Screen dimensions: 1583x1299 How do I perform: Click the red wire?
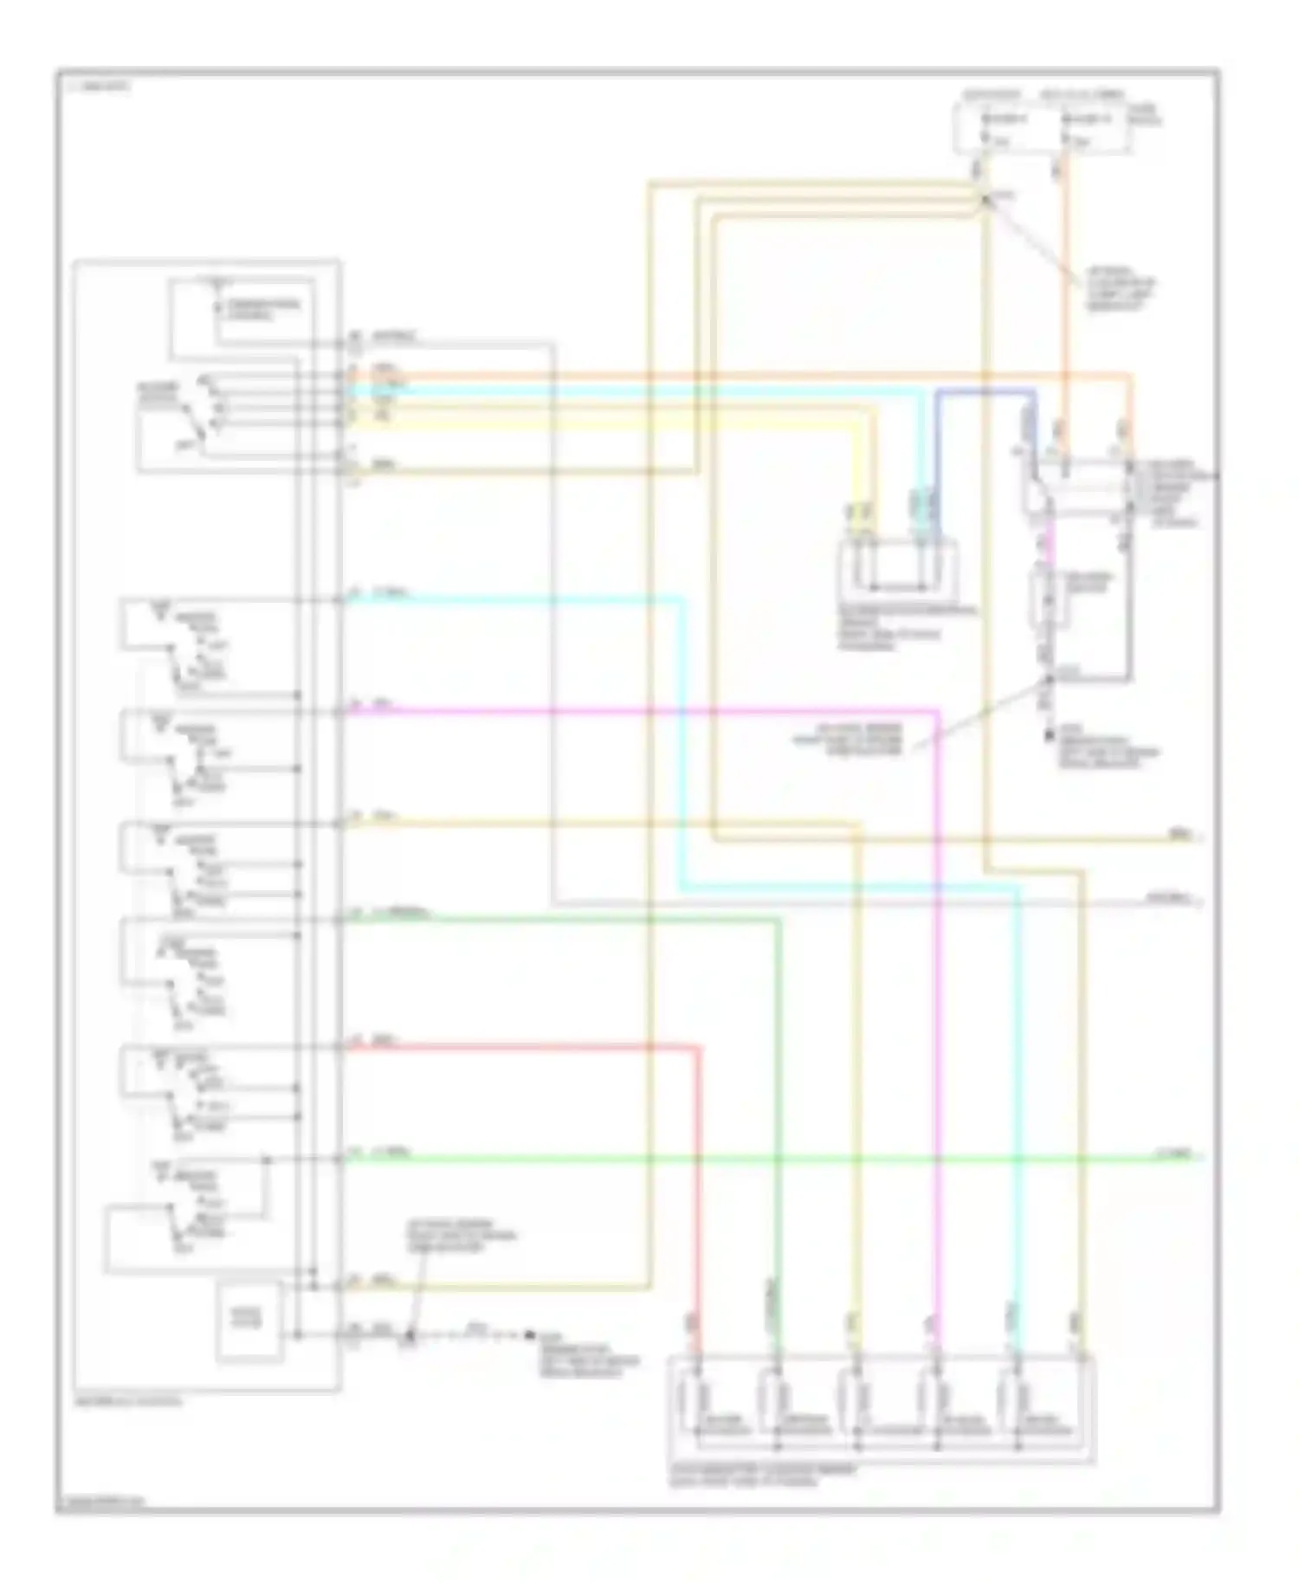(x=520, y=1048)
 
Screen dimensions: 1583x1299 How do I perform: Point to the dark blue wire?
(x=987, y=391)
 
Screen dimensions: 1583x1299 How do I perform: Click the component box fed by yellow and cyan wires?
(x=897, y=566)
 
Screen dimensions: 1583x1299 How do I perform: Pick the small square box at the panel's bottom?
(x=249, y=1321)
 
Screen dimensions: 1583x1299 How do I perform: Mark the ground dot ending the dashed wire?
(x=528, y=1336)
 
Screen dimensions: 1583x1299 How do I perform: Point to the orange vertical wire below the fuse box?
(x=1067, y=303)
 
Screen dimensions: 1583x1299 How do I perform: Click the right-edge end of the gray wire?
(x=1199, y=902)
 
